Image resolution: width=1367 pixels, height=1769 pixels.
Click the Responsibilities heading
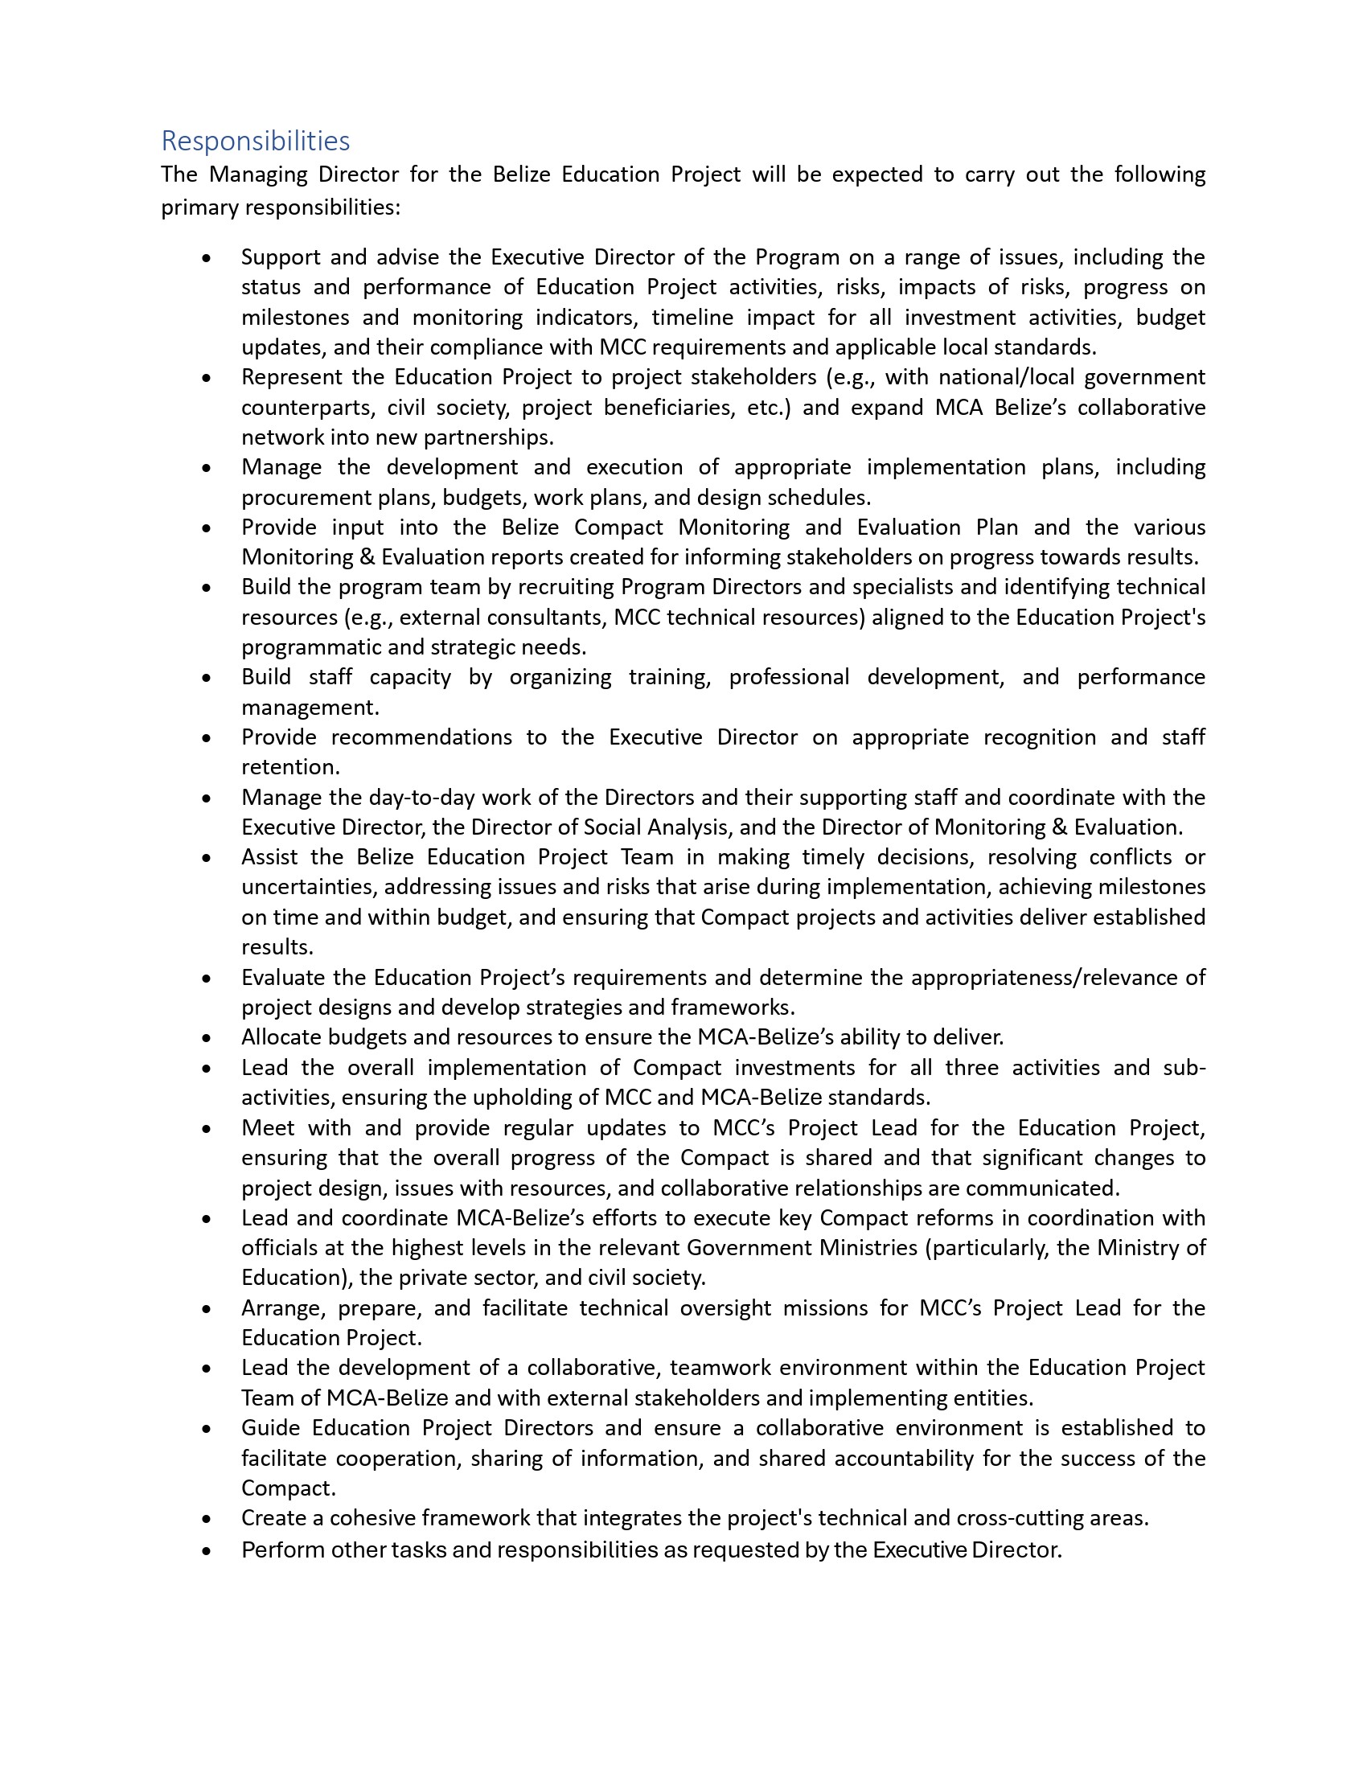pos(255,141)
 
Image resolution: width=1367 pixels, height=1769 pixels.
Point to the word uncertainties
pos(308,887)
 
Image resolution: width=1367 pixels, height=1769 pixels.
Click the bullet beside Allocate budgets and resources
pos(207,1037)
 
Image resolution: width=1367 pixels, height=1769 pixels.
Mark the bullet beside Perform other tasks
pos(207,1550)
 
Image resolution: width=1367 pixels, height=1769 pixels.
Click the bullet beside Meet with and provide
pos(207,1128)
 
